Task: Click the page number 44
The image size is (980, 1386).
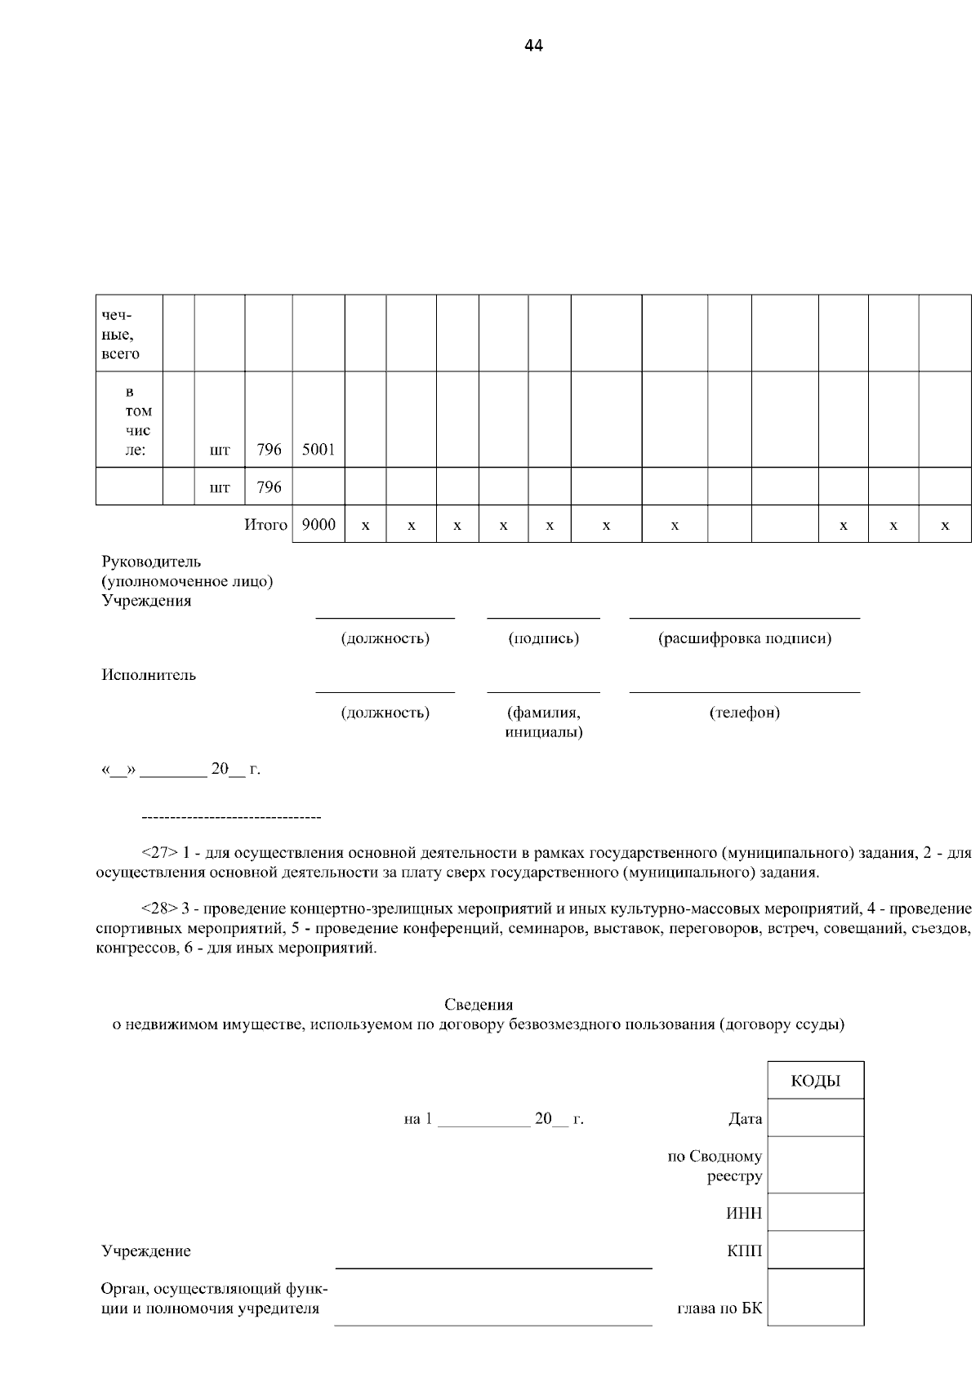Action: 533,46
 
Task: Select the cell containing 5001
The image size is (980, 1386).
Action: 318,450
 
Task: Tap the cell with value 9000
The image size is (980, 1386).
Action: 318,525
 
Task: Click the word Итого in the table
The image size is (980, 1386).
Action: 266,525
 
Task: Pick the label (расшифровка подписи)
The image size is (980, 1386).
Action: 745,638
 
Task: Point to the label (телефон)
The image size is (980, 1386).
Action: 745,713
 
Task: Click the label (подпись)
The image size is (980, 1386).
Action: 543,638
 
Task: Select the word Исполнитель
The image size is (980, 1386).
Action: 149,675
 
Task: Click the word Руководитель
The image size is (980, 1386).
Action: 151,562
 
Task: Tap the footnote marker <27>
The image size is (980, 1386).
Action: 159,853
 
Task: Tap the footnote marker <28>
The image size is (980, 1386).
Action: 159,908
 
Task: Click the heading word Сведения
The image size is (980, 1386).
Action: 479,1005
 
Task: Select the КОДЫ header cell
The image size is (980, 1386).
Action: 815,1081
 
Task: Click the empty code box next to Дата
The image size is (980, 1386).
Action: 815,1117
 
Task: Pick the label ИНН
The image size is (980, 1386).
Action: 744,1213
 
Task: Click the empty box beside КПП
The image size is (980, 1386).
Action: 815,1250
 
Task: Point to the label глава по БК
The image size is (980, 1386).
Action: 719,1309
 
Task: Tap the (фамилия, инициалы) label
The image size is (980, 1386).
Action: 543,722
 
